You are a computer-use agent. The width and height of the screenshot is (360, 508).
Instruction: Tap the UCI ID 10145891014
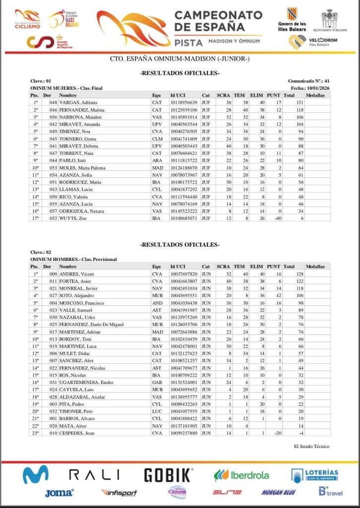coord(183,117)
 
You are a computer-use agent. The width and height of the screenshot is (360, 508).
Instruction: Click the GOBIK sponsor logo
coord(168,475)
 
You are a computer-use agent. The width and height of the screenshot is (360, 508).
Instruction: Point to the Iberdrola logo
coord(242,475)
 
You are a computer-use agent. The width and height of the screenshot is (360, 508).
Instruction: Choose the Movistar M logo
coord(36,475)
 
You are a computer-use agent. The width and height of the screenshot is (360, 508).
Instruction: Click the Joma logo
coord(60,493)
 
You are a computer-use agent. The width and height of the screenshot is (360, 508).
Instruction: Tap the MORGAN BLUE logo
coord(279,493)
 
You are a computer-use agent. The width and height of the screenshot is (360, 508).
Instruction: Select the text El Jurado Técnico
coord(311,446)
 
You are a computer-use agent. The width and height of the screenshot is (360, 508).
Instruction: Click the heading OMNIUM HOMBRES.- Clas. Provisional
coord(66,259)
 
